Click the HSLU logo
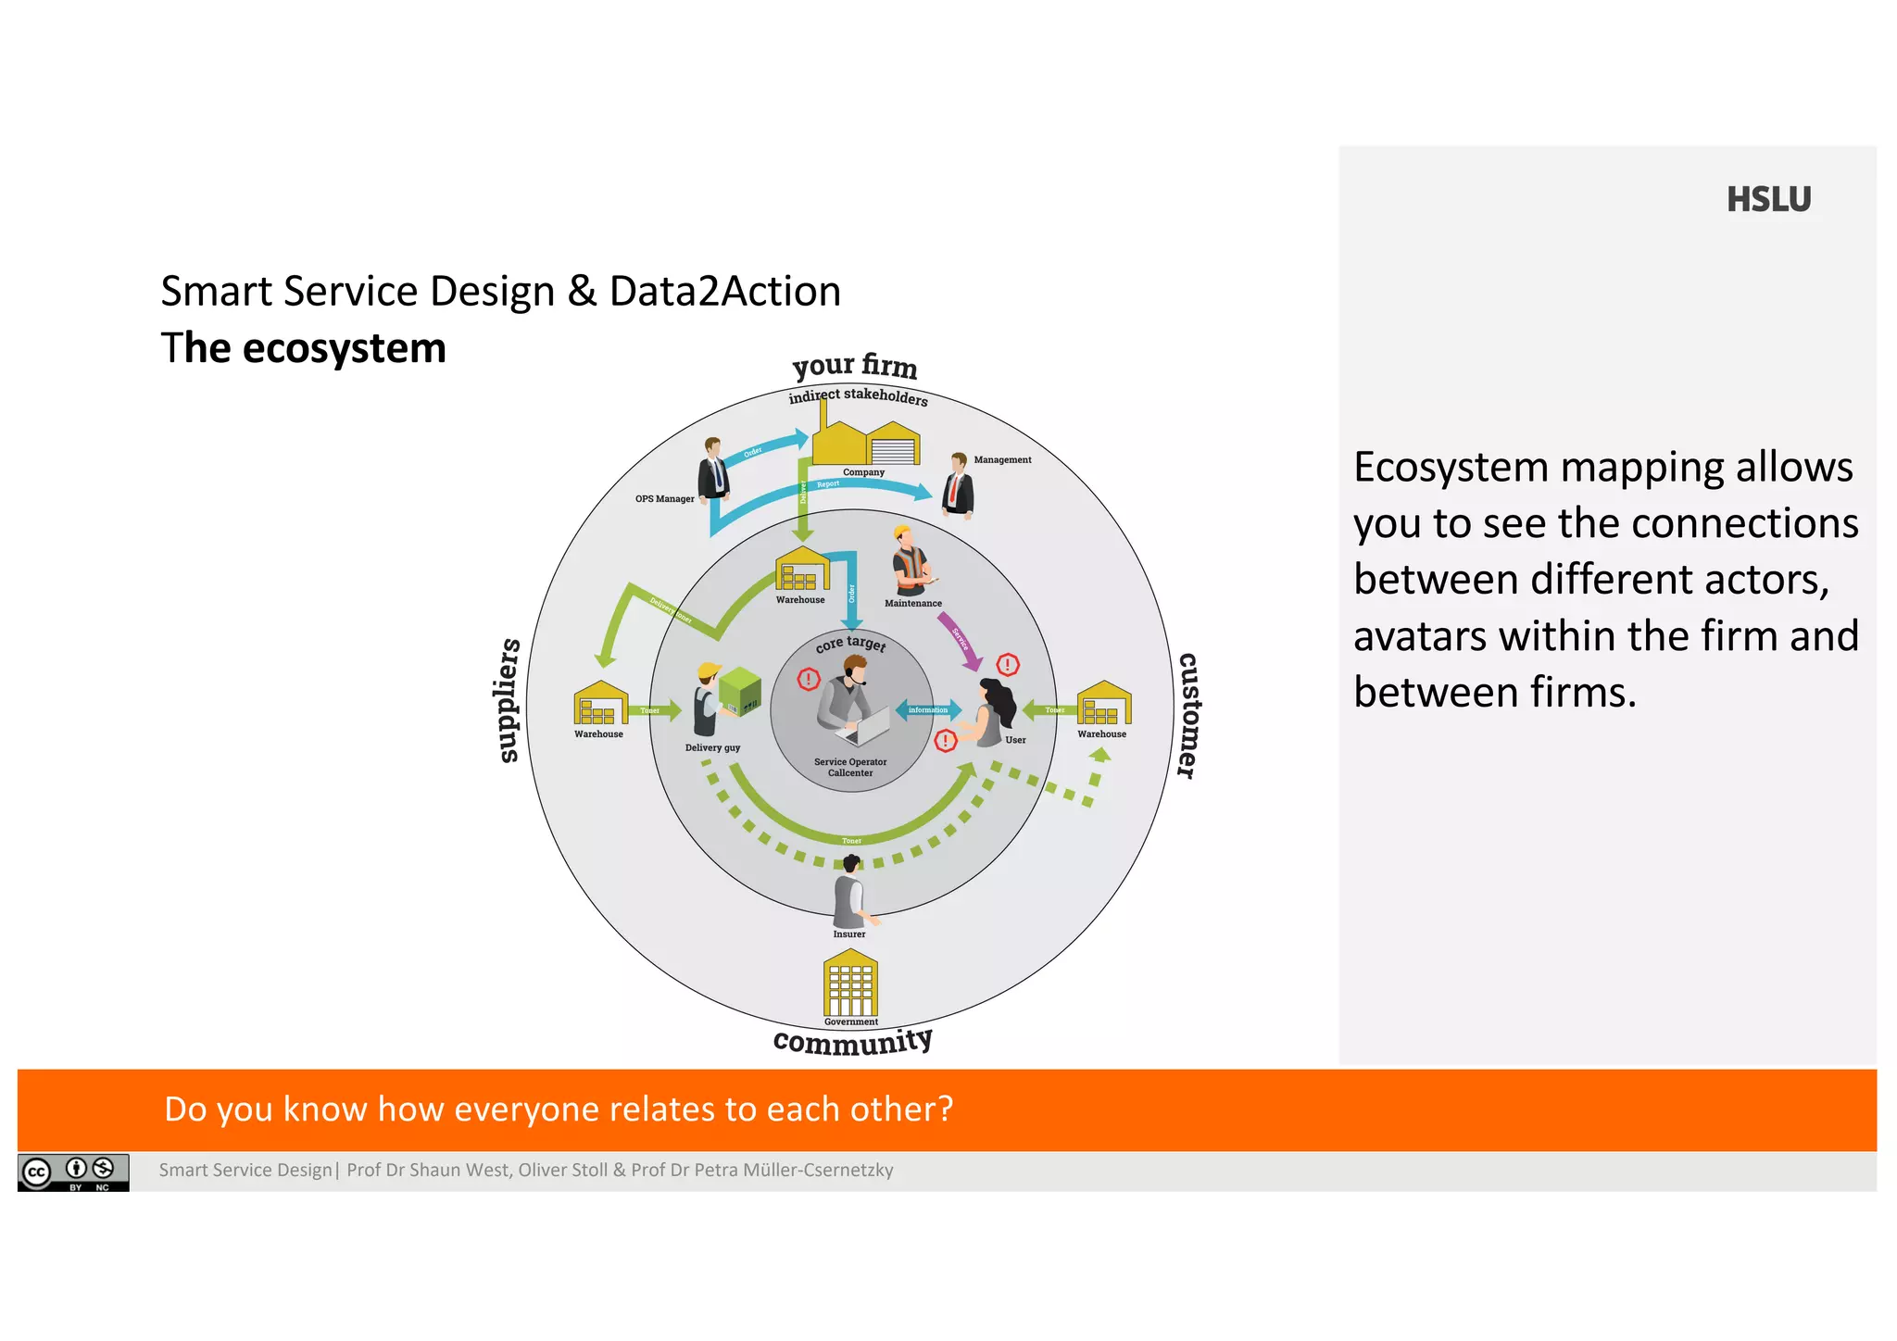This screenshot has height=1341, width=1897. point(1767,200)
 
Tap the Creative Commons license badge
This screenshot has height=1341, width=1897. point(73,1172)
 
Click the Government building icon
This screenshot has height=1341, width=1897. point(849,984)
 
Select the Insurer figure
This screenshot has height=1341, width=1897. point(850,893)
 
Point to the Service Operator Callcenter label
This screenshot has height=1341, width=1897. point(850,768)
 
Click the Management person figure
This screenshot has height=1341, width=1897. point(958,484)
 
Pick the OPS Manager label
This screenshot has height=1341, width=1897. point(664,499)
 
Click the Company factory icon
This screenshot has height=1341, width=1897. point(865,443)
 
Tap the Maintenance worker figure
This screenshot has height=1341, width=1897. point(911,561)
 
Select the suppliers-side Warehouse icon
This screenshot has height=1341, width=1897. point(600,704)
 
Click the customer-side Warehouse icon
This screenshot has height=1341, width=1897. point(1103,704)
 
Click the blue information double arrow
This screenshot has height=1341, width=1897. point(928,710)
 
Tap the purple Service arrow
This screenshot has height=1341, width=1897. point(961,641)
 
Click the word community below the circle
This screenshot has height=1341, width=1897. point(852,1042)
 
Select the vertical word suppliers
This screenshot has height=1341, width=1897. point(509,700)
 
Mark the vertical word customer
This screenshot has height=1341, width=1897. point(1188,715)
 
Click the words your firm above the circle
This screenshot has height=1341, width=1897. point(854,366)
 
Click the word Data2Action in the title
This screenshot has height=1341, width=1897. point(724,292)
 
